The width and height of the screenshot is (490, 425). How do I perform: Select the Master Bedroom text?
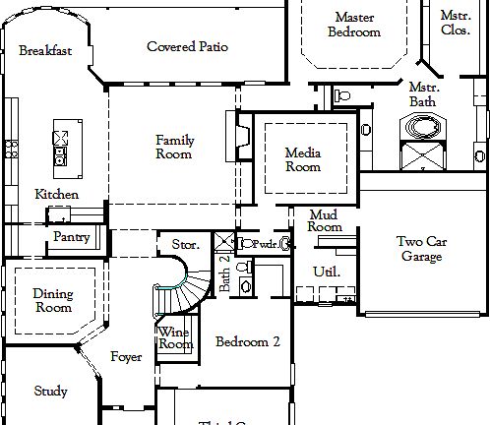(354, 25)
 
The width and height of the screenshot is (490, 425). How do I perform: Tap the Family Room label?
(174, 148)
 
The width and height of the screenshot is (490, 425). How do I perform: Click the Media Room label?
(303, 159)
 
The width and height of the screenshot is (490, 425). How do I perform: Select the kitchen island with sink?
(61, 146)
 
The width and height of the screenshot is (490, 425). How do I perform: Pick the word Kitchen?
(56, 194)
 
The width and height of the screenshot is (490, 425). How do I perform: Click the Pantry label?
(72, 237)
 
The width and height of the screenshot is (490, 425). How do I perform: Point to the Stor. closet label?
(185, 243)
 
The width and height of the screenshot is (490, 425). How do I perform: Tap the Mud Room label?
(324, 220)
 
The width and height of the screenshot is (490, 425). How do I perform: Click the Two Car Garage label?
(423, 249)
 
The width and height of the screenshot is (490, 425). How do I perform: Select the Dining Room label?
(52, 300)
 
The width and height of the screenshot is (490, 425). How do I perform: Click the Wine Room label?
(174, 338)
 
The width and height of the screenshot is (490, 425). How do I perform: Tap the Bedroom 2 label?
(248, 342)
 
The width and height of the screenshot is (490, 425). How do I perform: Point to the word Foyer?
(126, 356)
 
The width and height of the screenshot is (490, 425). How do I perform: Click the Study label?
(50, 392)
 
